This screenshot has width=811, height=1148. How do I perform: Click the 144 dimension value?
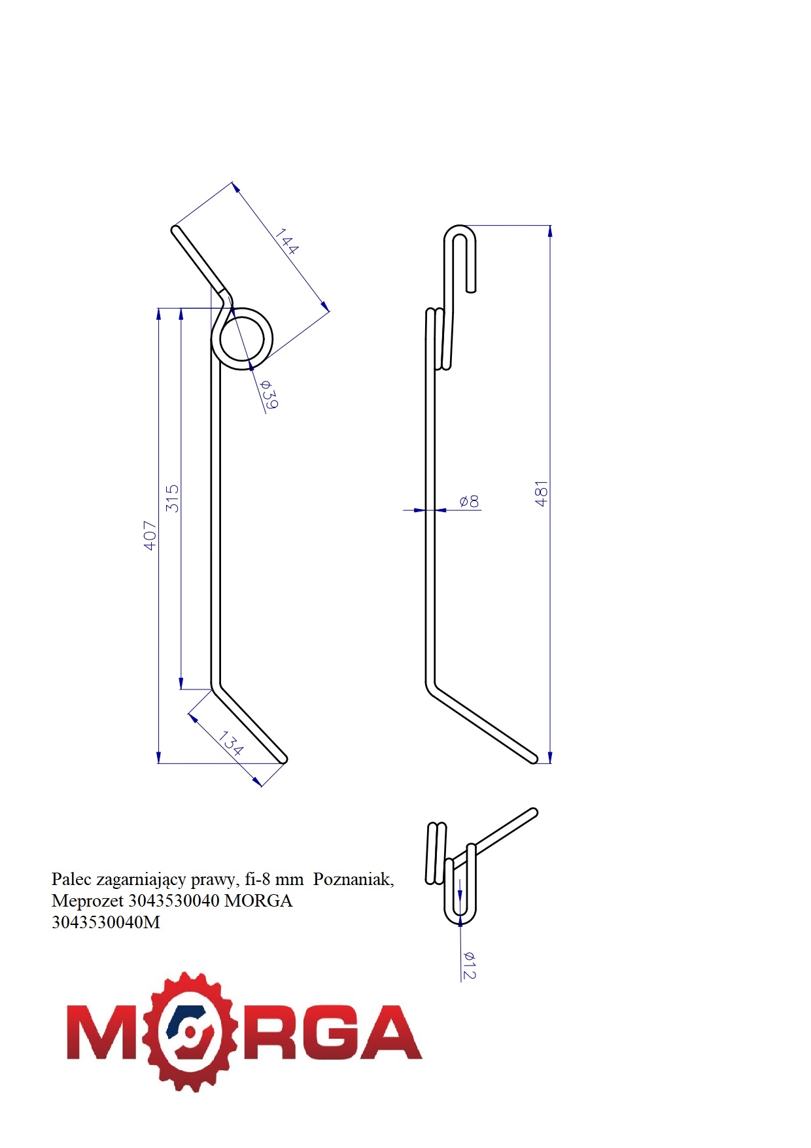(286, 241)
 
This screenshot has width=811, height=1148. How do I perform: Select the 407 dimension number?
(150, 535)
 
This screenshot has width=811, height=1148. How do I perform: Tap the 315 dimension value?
(172, 498)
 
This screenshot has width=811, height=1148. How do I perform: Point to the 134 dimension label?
(231, 744)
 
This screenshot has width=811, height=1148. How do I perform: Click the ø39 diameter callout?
(269, 394)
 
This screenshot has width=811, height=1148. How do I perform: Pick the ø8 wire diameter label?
(469, 502)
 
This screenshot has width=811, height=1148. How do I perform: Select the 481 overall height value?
(542, 494)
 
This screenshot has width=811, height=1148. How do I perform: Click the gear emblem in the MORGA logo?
(189, 1032)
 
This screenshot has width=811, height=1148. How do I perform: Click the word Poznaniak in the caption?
(354, 879)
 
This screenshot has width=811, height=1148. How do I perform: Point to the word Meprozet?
(88, 901)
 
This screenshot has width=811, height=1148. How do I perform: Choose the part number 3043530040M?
(106, 922)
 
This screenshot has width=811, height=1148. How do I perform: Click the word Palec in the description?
(71, 879)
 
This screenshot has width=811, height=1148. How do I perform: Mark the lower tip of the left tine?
(284, 759)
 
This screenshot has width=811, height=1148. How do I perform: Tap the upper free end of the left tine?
(175, 229)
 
